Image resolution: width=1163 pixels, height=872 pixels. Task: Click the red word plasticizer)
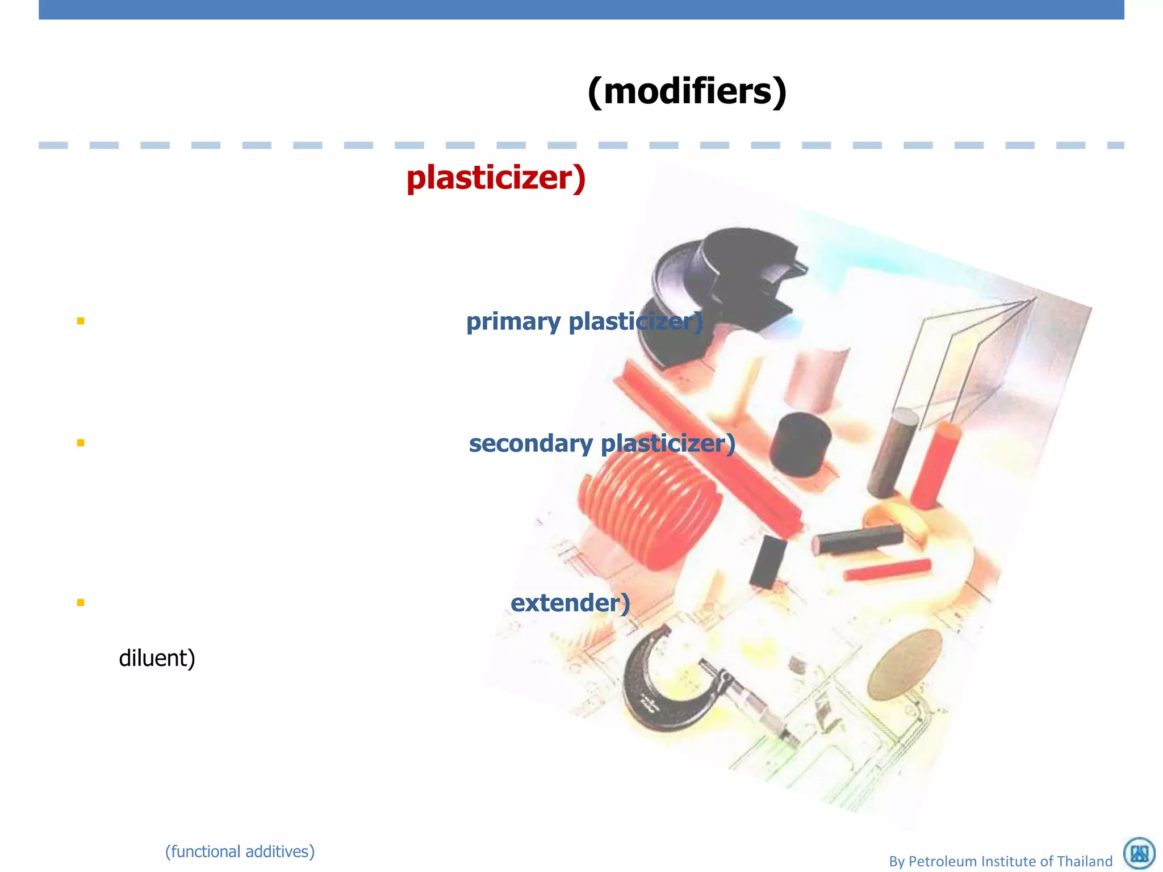tap(496, 178)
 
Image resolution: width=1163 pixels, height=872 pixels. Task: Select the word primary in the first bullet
tap(513, 322)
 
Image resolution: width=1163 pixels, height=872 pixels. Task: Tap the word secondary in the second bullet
tap(530, 443)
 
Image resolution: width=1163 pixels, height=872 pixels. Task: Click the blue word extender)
tap(570, 603)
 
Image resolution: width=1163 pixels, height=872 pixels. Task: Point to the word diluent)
tap(157, 659)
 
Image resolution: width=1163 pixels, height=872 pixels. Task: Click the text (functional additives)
tap(240, 852)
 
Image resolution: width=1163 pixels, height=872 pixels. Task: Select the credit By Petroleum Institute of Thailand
tap(1001, 861)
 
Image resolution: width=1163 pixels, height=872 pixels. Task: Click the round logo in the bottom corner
tap(1139, 853)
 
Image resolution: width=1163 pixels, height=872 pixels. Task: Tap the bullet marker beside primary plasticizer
tap(81, 321)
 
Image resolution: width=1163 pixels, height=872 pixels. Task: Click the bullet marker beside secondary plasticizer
tap(81, 443)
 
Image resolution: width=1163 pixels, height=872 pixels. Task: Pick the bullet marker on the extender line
tap(81, 602)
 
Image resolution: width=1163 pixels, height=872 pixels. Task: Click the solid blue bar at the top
tap(581, 10)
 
